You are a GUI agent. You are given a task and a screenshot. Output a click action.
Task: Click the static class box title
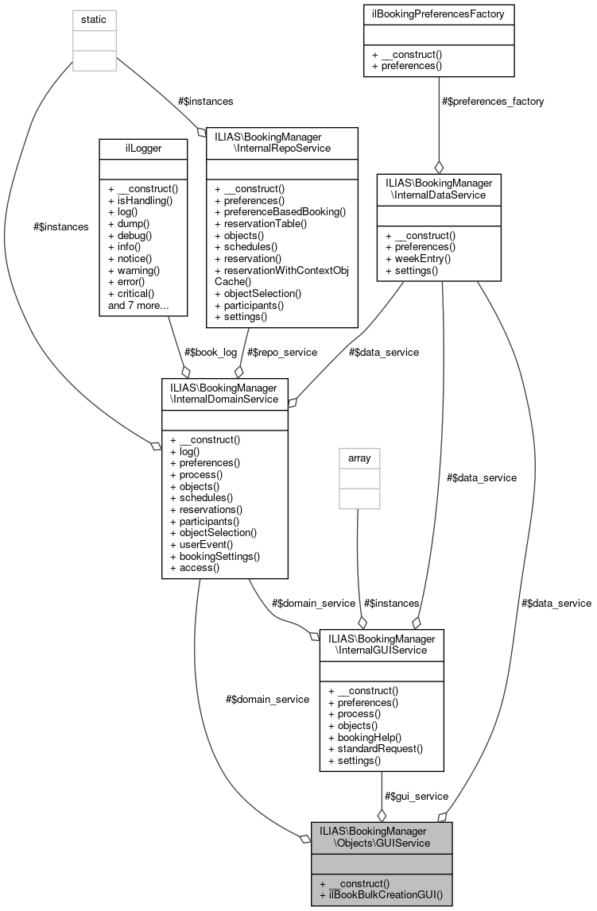click(94, 18)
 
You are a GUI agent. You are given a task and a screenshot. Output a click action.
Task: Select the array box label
click(359, 458)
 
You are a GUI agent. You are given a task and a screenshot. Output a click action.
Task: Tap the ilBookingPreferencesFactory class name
click(438, 14)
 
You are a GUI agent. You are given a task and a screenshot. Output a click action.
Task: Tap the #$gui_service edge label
click(416, 796)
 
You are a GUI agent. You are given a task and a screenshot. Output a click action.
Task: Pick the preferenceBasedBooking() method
click(280, 212)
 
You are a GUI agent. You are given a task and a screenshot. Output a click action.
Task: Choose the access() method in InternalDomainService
click(194, 568)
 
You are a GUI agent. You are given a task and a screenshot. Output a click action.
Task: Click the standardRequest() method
click(374, 749)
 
